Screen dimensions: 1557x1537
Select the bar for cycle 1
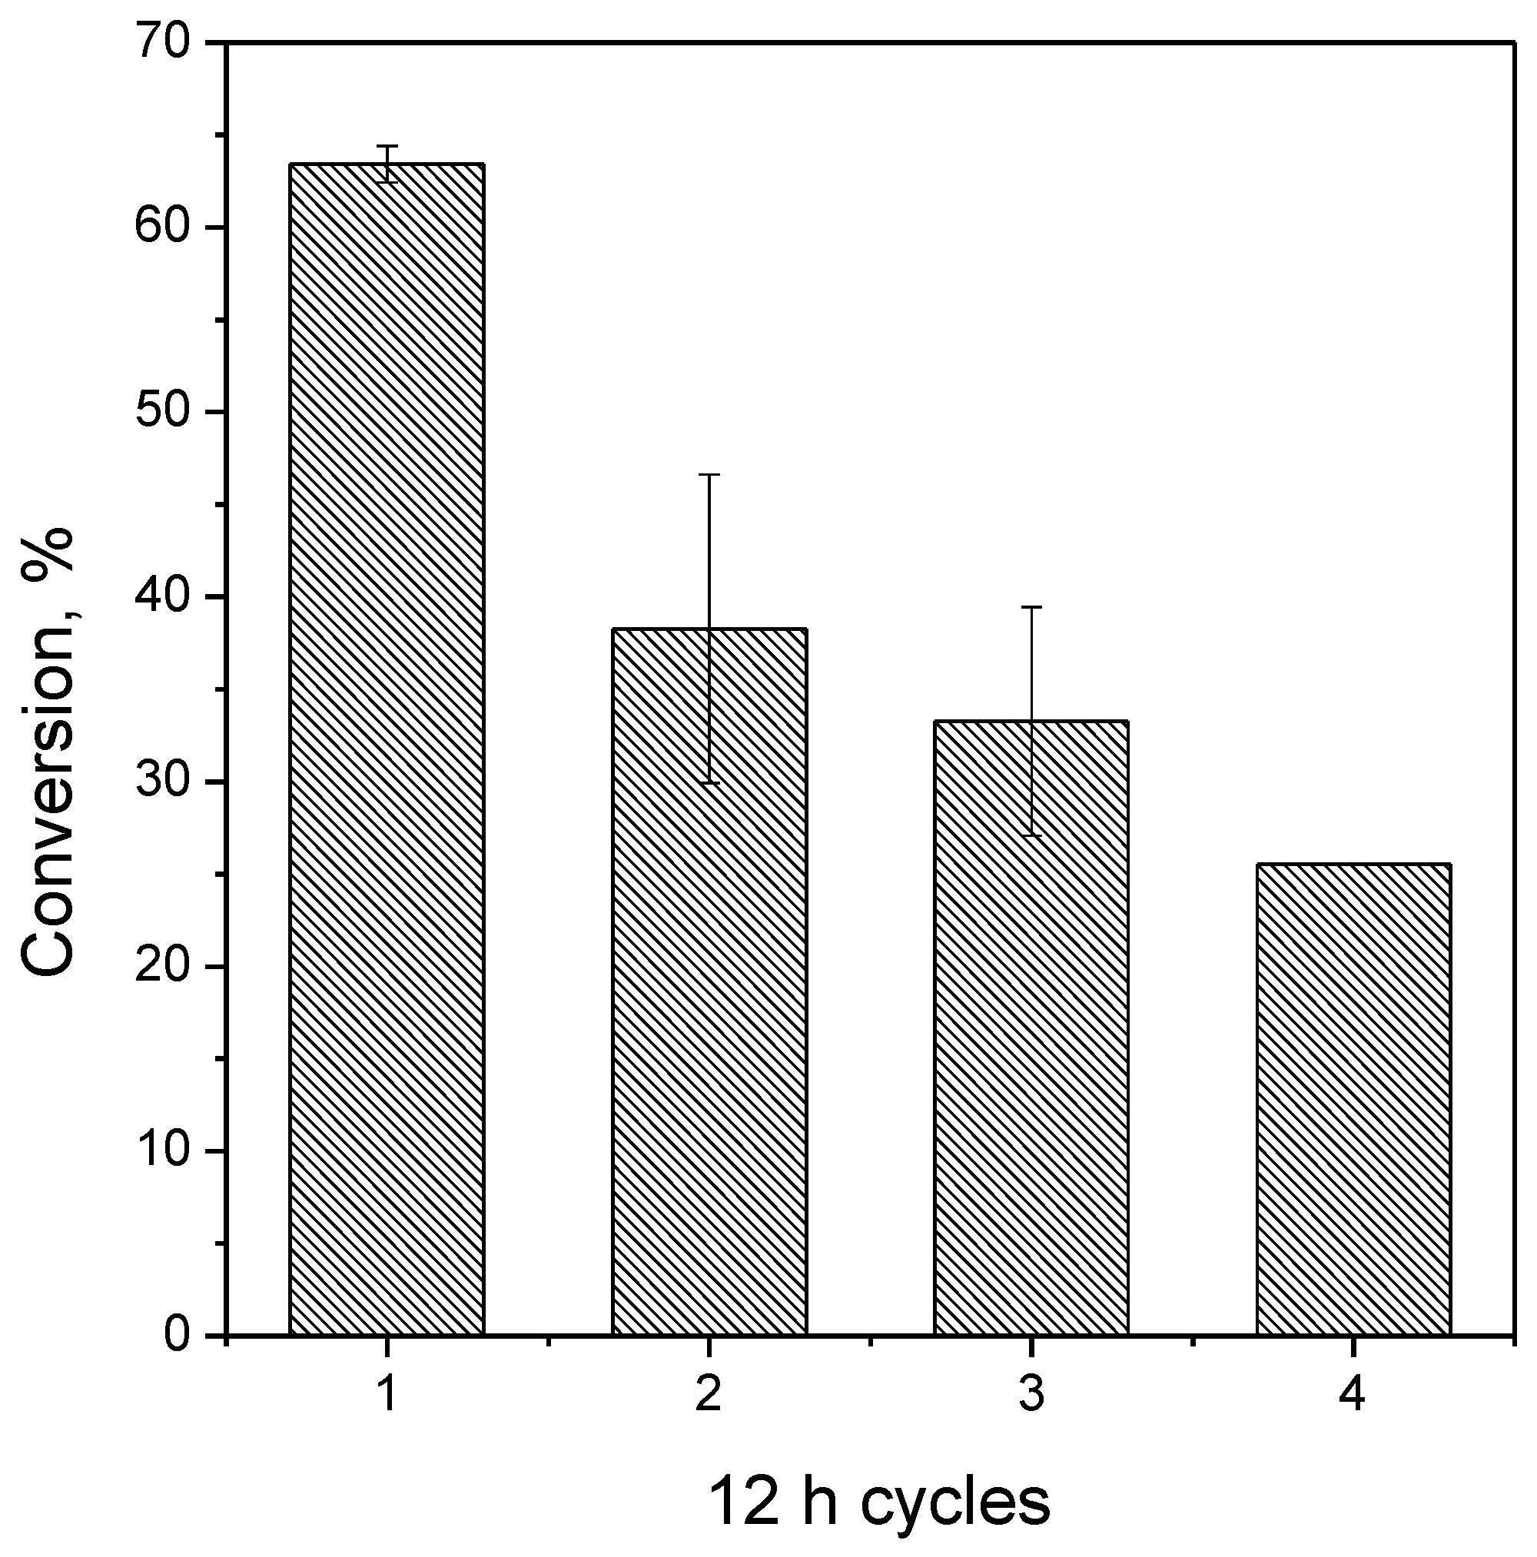click(x=386, y=749)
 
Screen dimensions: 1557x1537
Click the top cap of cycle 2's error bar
click(x=709, y=475)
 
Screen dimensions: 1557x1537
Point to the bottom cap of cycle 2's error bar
click(x=709, y=782)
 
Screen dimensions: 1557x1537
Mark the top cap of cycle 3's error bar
click(x=1031, y=607)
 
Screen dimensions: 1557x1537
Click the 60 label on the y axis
click(x=165, y=227)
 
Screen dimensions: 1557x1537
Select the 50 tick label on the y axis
click(x=165, y=412)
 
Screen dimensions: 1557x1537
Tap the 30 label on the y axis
click(x=165, y=781)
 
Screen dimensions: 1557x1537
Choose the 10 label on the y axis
click(x=165, y=1150)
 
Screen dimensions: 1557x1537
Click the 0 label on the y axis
click(x=179, y=1335)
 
